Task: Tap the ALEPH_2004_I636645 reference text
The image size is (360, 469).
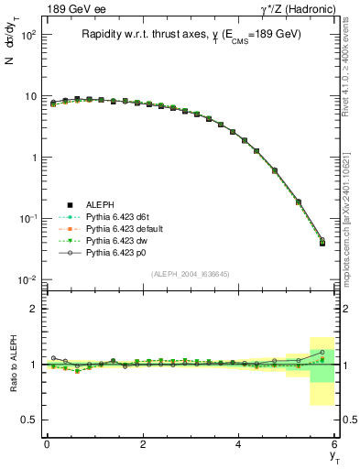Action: click(x=191, y=274)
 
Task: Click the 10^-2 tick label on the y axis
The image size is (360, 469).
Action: click(x=27, y=279)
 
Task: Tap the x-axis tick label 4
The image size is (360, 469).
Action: click(x=239, y=443)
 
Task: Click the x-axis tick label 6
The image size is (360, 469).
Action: click(x=335, y=443)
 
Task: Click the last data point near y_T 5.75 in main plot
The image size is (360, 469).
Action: click(x=322, y=243)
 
